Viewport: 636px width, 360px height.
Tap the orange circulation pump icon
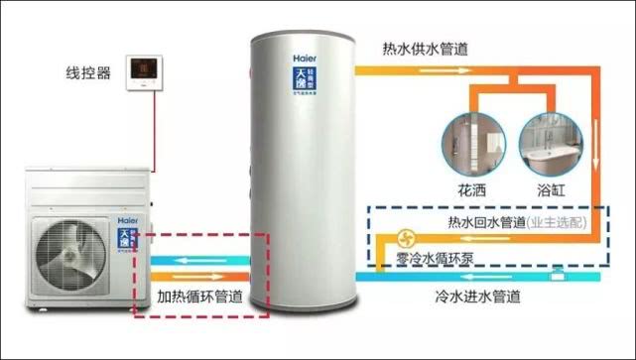pyautogui.click(x=406, y=239)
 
